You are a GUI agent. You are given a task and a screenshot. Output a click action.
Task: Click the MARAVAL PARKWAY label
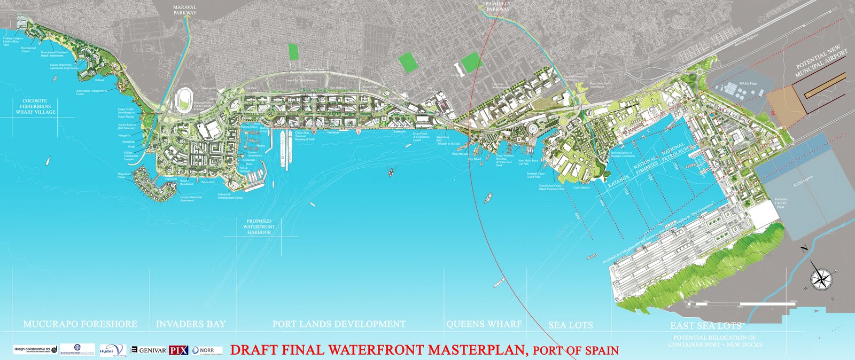pos(185,10)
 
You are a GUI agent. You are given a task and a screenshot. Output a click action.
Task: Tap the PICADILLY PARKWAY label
pos(498,6)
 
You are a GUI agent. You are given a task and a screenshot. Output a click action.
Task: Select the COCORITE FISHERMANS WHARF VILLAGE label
pos(35,106)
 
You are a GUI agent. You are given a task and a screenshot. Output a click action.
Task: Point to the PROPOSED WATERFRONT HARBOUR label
pos(259,227)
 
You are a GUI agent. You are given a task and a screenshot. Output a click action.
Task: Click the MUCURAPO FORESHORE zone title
pos(80,324)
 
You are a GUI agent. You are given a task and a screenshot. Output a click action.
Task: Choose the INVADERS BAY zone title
pos(191,324)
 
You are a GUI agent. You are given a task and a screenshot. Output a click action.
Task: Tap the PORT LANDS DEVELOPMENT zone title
pos(339,324)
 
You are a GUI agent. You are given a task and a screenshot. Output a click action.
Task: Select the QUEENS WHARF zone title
pos(484,324)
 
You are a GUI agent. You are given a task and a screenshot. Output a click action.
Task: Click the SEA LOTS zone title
pos(570,325)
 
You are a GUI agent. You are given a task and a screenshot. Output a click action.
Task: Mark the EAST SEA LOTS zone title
pos(706,325)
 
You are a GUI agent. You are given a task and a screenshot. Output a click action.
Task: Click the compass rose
pos(819,278)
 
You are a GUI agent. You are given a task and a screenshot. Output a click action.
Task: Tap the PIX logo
pos(178,350)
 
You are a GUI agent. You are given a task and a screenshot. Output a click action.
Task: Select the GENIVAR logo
pos(149,350)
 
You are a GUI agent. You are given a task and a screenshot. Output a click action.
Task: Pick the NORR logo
pos(204,350)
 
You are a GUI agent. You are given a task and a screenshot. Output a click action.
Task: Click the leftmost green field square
pos(293,51)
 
